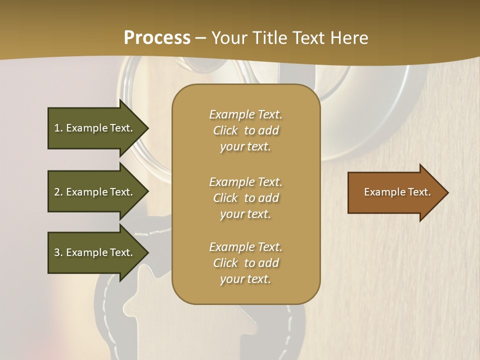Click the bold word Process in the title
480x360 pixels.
157,37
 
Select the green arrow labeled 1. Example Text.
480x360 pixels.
95,128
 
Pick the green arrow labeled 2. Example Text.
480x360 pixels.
95,192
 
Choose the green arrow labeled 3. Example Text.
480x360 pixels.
95,252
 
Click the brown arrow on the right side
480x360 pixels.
395,192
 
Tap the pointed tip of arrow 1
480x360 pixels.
147,128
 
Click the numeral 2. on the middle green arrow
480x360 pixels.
58,192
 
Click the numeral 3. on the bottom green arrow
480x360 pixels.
58,252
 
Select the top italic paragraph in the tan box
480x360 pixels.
245,130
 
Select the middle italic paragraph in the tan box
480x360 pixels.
245,198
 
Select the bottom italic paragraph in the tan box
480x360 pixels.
245,263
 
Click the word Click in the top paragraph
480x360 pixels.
225,130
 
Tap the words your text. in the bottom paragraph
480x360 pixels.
245,279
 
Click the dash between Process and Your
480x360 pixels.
200,38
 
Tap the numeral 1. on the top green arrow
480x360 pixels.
58,128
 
